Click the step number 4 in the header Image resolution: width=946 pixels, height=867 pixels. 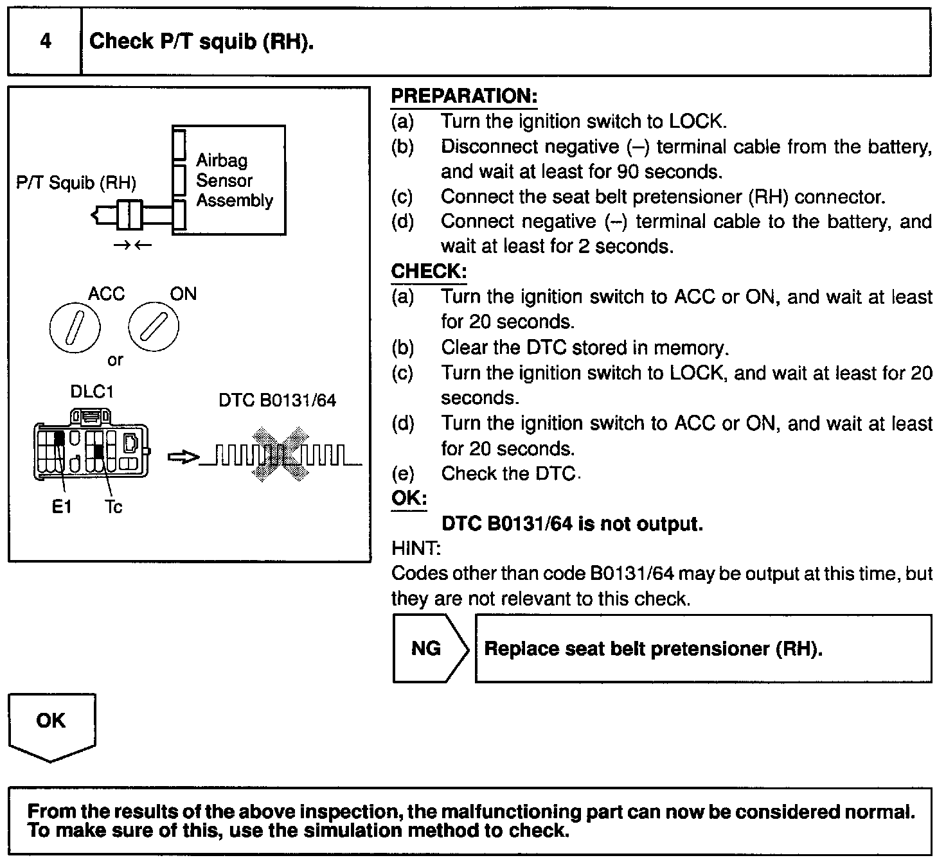45,42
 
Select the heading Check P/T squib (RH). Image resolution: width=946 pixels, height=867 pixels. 201,42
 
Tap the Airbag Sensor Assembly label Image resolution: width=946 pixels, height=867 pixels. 234,180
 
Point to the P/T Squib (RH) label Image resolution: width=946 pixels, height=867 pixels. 76,183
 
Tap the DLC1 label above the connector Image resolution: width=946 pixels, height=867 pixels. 91,392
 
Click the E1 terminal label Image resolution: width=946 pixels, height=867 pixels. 62,507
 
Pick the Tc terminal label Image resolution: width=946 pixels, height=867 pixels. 113,507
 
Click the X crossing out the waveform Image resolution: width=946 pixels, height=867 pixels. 280,455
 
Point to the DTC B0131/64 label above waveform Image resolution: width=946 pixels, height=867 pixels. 277,401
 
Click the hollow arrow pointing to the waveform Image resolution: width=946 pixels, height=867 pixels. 183,457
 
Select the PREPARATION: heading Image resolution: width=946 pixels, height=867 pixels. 464,96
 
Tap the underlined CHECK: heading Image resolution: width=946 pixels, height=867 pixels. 429,272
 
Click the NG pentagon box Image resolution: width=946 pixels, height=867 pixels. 427,649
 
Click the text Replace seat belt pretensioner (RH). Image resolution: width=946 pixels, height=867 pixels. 653,649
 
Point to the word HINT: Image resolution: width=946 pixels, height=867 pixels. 416,548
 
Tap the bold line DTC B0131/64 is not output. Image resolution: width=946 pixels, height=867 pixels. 572,524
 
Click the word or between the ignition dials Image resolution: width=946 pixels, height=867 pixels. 115,360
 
